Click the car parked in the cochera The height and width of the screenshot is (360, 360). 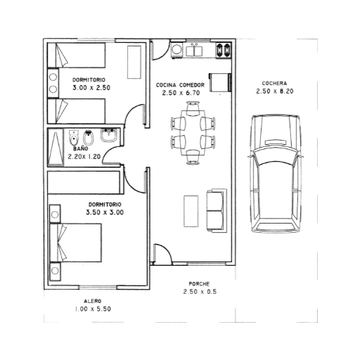(x=275, y=174)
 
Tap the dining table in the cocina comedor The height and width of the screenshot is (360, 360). (x=193, y=133)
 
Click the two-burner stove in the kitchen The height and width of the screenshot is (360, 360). (x=224, y=51)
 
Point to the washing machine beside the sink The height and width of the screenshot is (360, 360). (x=176, y=50)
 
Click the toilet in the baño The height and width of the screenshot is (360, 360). (x=74, y=138)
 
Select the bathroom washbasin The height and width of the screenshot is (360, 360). (x=109, y=136)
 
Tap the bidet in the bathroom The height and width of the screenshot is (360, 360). (x=89, y=138)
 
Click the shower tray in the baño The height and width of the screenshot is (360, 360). (x=56, y=147)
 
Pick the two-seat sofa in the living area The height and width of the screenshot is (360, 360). (x=217, y=210)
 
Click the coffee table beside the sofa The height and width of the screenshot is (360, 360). (x=191, y=211)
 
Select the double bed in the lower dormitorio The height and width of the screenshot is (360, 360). (x=75, y=243)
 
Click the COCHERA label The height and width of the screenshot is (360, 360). (x=274, y=83)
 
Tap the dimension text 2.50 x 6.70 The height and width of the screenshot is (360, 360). (x=181, y=93)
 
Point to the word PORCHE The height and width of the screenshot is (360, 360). (x=199, y=284)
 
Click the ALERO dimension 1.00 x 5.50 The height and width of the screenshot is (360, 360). (x=93, y=309)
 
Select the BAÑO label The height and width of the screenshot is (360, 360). (x=81, y=148)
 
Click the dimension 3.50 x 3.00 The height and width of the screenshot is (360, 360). (x=105, y=212)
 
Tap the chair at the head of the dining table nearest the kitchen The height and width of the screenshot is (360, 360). (x=193, y=108)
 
